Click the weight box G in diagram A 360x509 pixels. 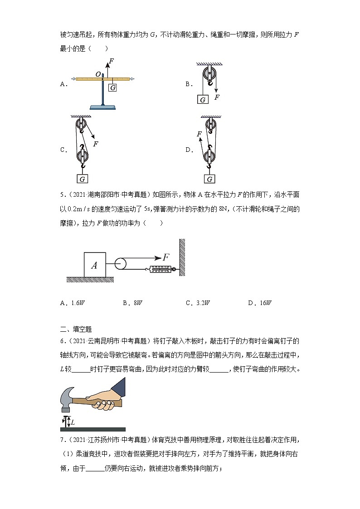113,87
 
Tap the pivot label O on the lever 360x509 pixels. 97,73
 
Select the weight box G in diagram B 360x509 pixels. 203,99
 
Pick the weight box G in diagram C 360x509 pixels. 83,179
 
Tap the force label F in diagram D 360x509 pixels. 199,134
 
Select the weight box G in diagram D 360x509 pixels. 209,179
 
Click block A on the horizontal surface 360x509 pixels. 94,265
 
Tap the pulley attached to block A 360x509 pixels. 121,264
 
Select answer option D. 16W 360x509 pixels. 259,303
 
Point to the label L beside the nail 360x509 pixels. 73,422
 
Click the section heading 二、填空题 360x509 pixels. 76,329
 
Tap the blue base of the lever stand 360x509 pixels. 104,107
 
